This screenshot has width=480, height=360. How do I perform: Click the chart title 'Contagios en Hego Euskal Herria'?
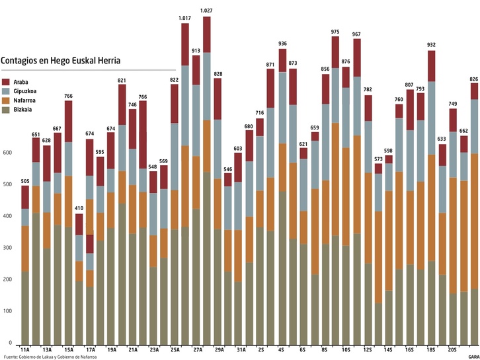click(x=61, y=61)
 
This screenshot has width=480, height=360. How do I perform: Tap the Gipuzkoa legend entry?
click(x=24, y=90)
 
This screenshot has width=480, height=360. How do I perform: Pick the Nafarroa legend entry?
click(x=24, y=100)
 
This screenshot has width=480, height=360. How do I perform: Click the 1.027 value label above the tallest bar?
click(x=206, y=11)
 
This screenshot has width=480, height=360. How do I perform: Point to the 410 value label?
click(x=79, y=209)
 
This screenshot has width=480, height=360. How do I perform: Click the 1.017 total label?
click(x=185, y=18)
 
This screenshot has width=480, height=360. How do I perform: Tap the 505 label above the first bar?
click(x=25, y=180)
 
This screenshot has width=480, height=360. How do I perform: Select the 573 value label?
click(x=378, y=159)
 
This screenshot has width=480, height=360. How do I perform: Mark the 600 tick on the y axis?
click(x=7, y=153)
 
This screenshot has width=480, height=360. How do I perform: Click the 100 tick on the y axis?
click(x=7, y=310)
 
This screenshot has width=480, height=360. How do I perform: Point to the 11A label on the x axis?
click(x=26, y=349)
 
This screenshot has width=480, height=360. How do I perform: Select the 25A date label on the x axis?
click(x=175, y=349)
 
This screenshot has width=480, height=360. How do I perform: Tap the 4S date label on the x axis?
click(x=281, y=349)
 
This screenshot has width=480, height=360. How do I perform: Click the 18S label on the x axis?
click(x=431, y=349)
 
